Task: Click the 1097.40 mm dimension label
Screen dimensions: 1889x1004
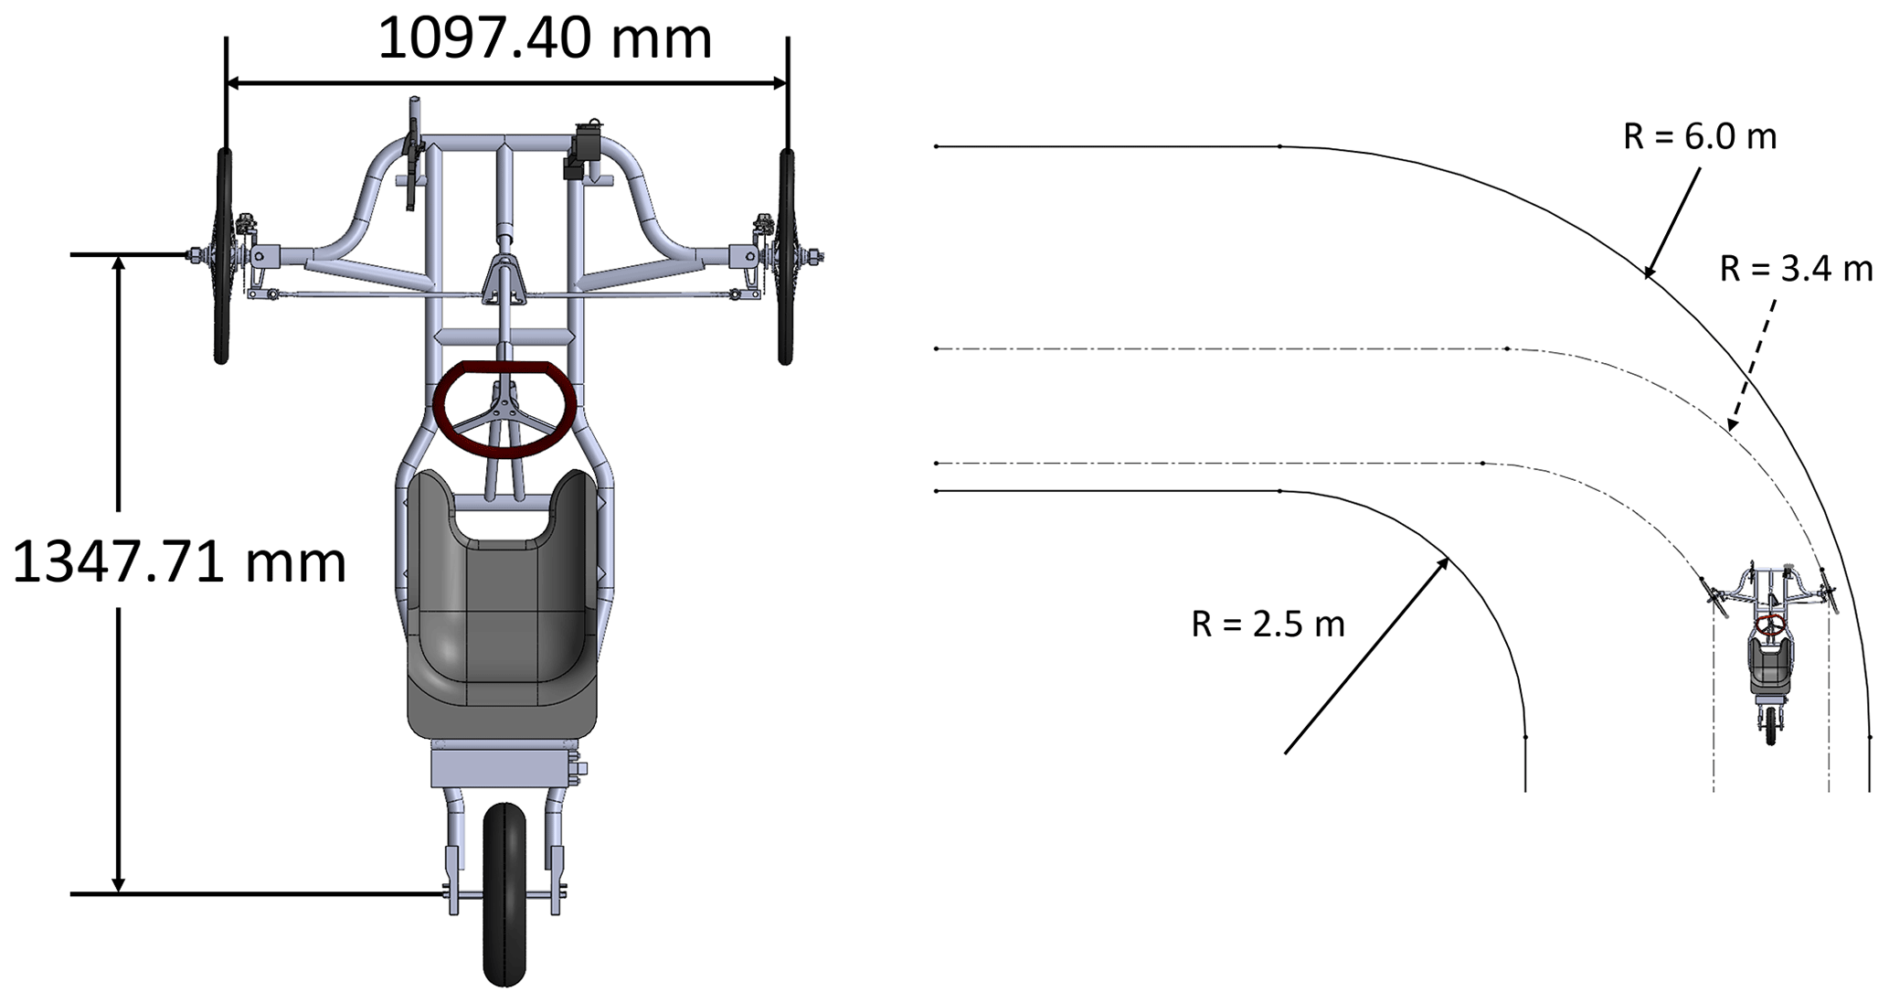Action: [x=545, y=39]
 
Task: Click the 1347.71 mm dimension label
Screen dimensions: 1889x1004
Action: [x=179, y=561]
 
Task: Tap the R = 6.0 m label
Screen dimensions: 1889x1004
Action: [x=1700, y=137]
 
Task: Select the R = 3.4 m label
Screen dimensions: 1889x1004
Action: [x=1796, y=269]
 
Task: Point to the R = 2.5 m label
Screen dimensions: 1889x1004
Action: [x=1268, y=624]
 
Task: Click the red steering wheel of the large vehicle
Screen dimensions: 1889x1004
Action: [x=504, y=409]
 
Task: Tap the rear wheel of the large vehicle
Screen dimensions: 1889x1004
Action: [x=505, y=894]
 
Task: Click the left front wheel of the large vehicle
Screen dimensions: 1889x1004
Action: [x=222, y=257]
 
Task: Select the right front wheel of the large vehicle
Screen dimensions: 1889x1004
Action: [x=786, y=257]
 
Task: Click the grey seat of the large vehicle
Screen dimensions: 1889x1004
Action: [x=503, y=603]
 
